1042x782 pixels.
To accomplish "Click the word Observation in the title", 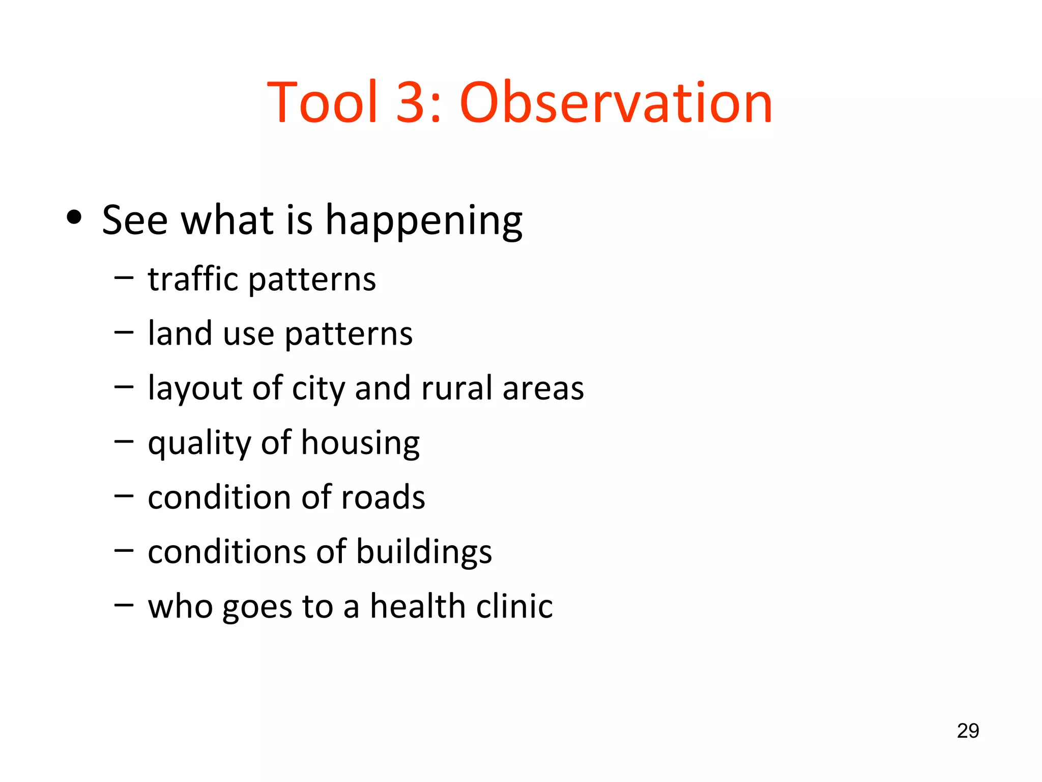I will tap(616, 103).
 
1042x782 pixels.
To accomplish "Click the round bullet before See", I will tap(74, 218).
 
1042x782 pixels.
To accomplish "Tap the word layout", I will tap(194, 389).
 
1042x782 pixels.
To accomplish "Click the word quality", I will tap(199, 443).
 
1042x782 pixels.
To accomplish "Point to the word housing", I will tap(360, 443).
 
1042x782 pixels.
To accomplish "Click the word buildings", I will tap(424, 553).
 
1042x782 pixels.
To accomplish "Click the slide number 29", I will tap(968, 731).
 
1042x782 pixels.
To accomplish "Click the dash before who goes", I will tap(124, 605).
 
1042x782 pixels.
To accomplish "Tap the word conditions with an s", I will tap(227, 552).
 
